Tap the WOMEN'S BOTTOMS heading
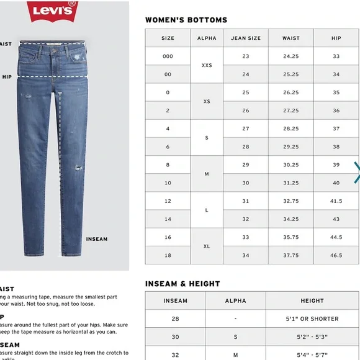click(186, 20)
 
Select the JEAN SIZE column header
click(246, 38)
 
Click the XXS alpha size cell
click(207, 65)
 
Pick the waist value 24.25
click(291, 56)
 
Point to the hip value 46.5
click(336, 255)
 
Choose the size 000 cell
click(168, 56)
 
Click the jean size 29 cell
click(246, 165)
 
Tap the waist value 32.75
click(291, 201)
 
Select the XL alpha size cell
click(207, 246)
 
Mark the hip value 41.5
click(336, 201)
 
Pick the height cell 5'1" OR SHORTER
click(312, 319)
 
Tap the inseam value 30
click(175, 337)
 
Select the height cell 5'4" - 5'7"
click(312, 354)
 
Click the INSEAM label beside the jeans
click(96, 239)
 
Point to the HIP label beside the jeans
click(7, 78)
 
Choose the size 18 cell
click(168, 255)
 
